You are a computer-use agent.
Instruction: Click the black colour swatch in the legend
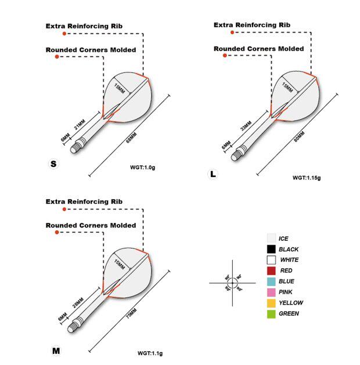click(271, 249)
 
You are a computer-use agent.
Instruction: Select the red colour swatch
click(271, 270)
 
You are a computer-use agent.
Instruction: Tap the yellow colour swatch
click(271, 303)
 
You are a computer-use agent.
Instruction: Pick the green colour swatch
click(271, 314)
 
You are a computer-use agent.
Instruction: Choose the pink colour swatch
click(271, 292)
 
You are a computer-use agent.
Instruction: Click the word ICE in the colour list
click(283, 238)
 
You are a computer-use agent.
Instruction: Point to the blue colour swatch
click(271, 281)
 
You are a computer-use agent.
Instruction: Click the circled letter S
click(53, 164)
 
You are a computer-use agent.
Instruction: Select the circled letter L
click(214, 174)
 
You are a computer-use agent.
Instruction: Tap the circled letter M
click(56, 350)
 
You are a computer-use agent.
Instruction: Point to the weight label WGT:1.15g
click(306, 178)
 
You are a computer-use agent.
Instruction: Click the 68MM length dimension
click(131, 139)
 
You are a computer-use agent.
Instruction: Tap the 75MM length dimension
click(131, 319)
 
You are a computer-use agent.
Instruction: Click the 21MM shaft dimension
click(80, 125)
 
